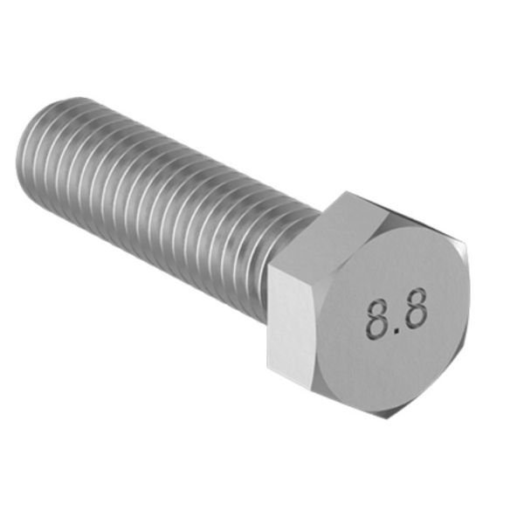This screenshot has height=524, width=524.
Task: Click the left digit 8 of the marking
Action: coord(377,319)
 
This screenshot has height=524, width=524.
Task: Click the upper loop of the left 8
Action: coord(376,308)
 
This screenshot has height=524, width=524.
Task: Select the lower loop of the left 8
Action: coord(378,327)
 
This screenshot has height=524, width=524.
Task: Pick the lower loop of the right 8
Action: coord(416,321)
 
